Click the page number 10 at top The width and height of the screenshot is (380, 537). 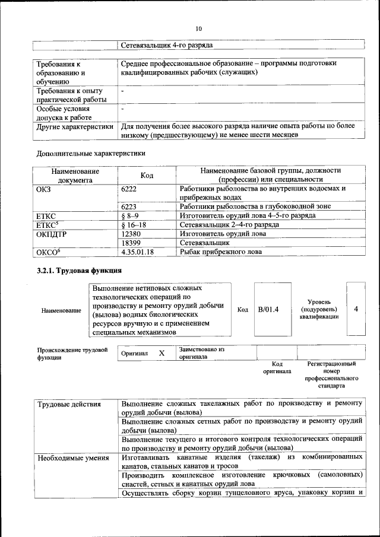(198, 28)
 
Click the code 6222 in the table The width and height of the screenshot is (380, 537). (129, 188)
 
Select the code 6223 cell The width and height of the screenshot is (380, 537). (129, 206)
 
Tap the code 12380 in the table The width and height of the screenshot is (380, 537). (131, 234)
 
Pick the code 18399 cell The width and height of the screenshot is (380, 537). (131, 243)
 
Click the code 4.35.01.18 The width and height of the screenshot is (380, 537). (137, 252)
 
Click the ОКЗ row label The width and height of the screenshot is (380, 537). (45, 188)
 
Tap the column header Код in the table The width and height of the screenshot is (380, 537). (147, 175)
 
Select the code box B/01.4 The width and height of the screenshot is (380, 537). (268, 310)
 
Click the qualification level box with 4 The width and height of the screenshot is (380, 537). (356, 309)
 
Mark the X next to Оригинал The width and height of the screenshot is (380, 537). (161, 353)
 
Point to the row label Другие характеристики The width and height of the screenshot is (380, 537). (75, 126)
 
